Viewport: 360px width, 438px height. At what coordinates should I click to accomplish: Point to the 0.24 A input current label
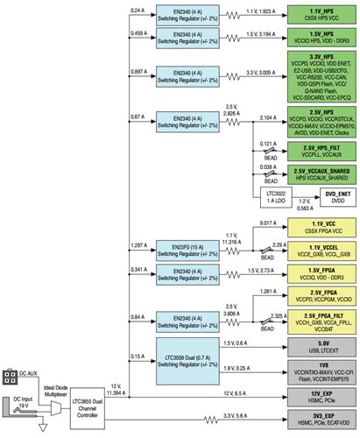(x=138, y=10)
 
